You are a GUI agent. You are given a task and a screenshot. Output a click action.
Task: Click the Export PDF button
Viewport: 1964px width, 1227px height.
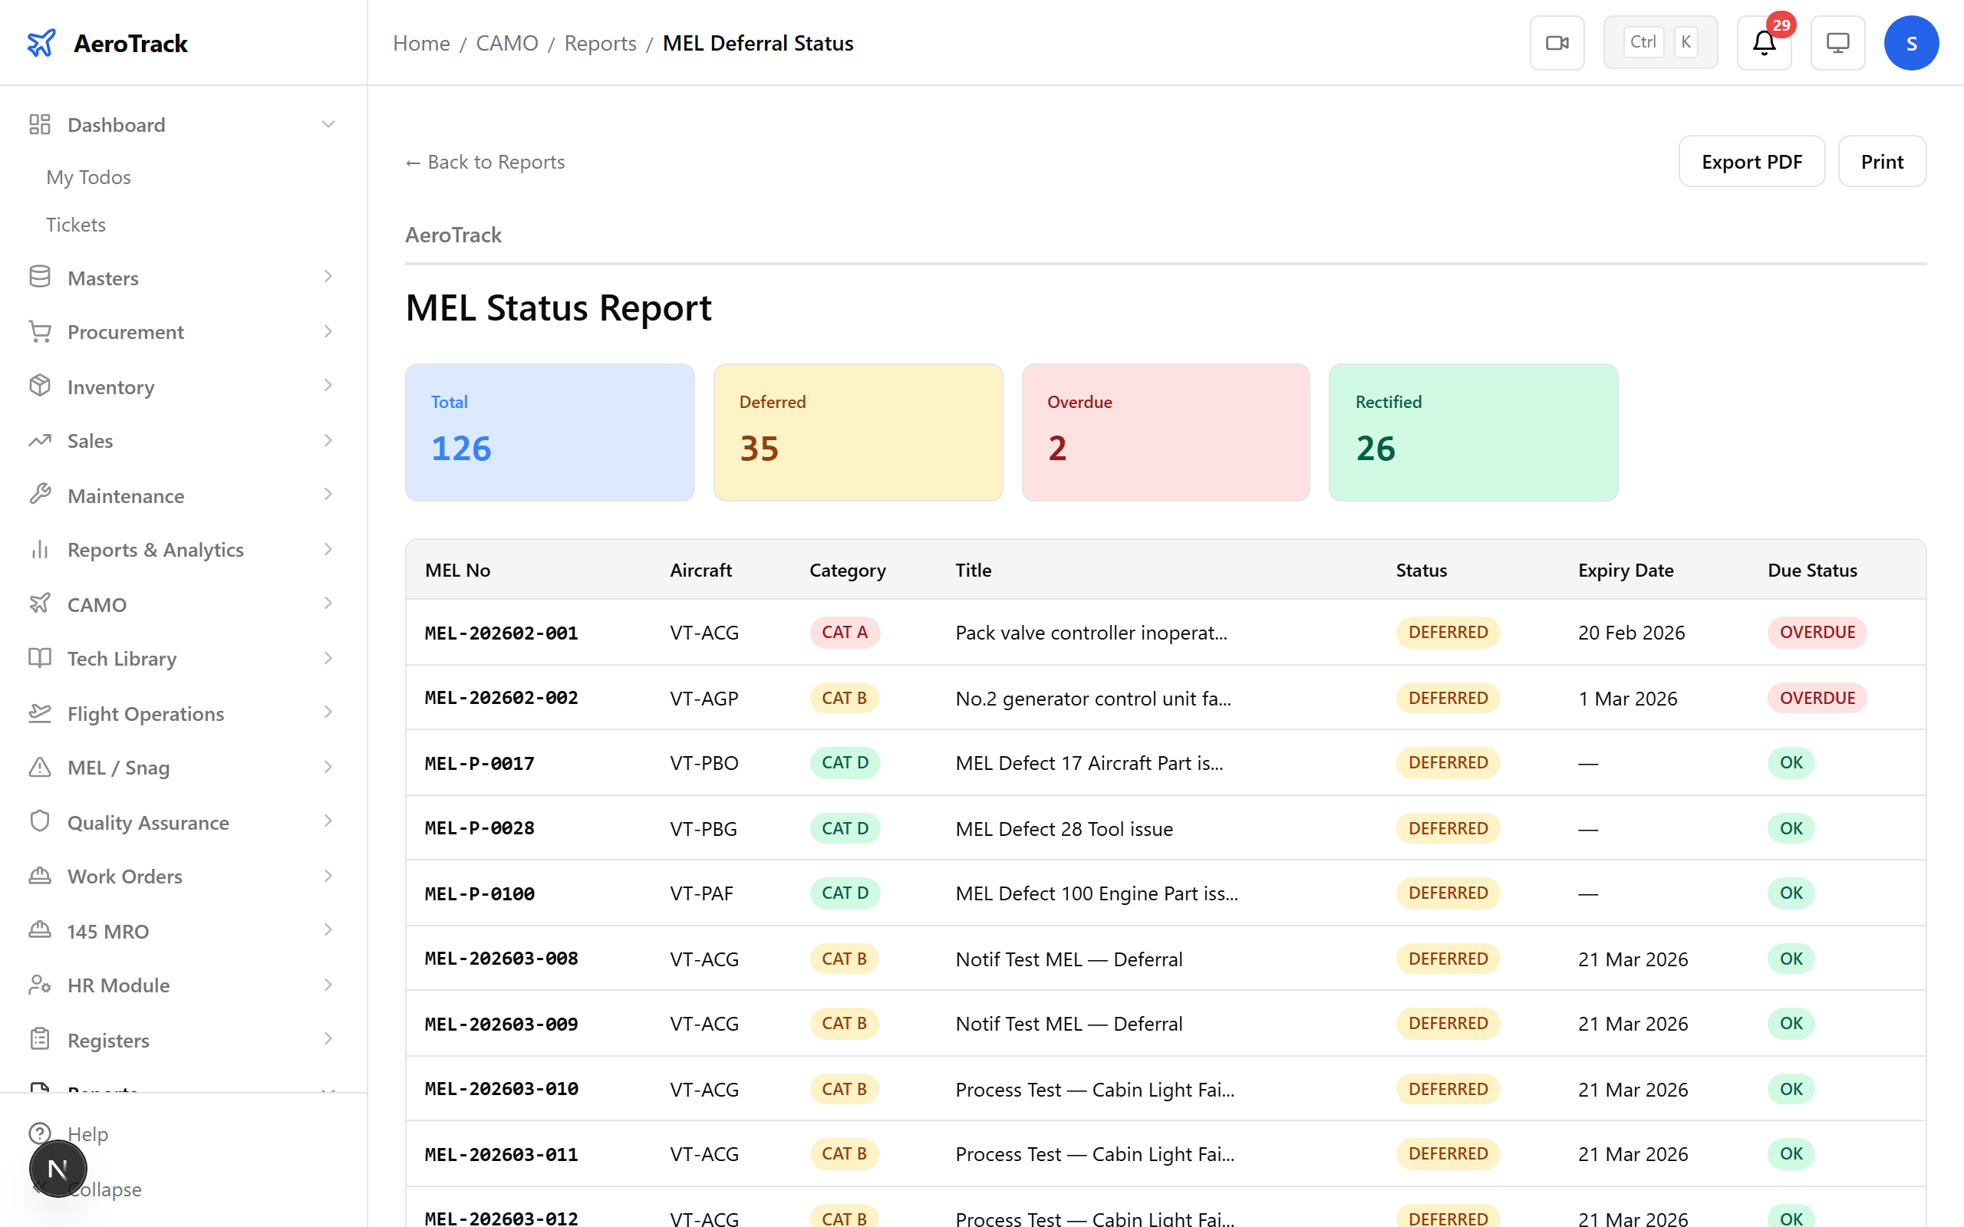point(1751,162)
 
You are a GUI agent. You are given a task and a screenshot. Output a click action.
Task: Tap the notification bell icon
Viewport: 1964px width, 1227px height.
point(1764,43)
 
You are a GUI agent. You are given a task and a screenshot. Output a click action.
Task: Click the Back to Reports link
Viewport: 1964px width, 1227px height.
point(486,163)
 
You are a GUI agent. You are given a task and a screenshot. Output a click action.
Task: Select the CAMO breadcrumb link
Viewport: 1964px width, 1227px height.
point(506,43)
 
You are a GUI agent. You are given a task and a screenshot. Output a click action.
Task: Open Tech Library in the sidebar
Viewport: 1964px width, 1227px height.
point(122,658)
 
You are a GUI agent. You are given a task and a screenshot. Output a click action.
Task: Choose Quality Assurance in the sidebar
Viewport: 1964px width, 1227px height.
point(148,822)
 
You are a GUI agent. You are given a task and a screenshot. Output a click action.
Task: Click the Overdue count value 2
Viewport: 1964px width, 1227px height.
point(1056,448)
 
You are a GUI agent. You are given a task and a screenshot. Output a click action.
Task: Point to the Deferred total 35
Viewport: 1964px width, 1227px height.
point(759,448)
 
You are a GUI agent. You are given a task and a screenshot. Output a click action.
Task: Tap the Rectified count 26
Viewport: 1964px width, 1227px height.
point(1375,448)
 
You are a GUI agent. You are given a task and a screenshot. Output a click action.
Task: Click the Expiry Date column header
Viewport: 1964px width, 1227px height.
point(1625,570)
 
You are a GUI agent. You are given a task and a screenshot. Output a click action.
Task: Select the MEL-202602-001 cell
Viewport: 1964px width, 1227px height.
point(501,632)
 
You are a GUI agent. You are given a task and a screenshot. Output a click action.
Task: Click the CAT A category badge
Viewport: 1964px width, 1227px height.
point(844,632)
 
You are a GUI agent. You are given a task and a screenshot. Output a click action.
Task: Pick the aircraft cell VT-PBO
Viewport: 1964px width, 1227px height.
point(704,763)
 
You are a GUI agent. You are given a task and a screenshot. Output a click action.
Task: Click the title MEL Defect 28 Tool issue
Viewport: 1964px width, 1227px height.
point(1063,828)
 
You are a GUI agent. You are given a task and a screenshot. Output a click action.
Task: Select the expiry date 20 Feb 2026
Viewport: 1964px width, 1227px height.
point(1630,632)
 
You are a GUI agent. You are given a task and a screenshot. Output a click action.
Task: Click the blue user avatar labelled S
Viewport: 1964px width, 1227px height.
point(1910,43)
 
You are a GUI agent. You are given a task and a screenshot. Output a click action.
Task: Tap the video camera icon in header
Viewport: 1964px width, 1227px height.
point(1556,43)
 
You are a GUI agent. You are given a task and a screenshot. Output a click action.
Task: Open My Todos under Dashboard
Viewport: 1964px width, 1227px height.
point(88,177)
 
